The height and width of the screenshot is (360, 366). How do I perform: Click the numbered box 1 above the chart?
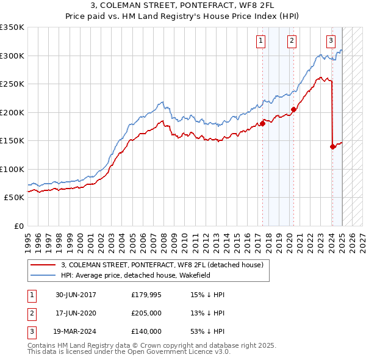pos(260,41)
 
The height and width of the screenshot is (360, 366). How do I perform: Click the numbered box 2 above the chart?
pos(292,41)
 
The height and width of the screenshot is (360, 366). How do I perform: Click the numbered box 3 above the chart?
pos(331,41)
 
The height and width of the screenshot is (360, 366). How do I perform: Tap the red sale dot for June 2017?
pos(263,123)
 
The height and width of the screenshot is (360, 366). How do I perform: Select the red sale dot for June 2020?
pos(293,110)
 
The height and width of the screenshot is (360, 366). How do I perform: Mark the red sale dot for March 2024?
pos(332,146)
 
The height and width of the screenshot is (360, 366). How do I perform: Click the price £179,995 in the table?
pos(146,295)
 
